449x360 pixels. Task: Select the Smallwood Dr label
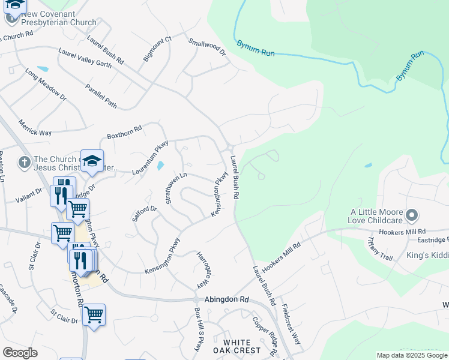pyautogui.click(x=206, y=48)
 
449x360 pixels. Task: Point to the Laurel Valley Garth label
pyautogui.click(x=85, y=59)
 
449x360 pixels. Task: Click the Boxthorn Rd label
pyautogui.click(x=124, y=132)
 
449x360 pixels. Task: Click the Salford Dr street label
pyautogui.click(x=145, y=214)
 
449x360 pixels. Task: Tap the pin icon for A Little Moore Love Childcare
pyautogui.click(x=412, y=215)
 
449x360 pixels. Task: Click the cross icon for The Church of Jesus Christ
pyautogui.click(x=24, y=162)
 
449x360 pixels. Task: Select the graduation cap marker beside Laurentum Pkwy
pyautogui.click(x=92, y=160)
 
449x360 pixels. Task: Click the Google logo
pyautogui.click(x=20, y=353)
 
